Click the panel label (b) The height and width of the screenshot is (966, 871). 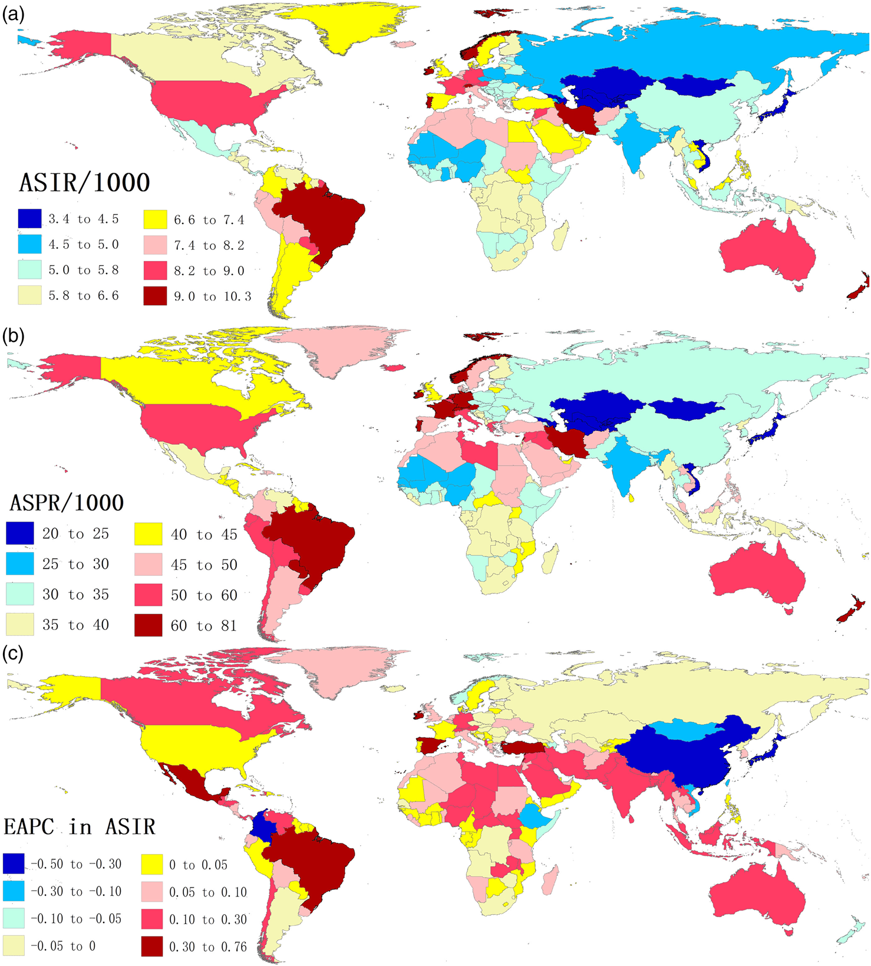click(x=13, y=336)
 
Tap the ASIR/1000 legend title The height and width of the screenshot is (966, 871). click(x=84, y=183)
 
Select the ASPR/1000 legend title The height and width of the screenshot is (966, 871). click(x=67, y=503)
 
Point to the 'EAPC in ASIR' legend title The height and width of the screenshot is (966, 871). click(x=79, y=826)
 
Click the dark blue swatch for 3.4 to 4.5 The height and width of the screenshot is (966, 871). click(x=29, y=219)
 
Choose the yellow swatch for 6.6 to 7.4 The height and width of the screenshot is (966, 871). click(x=155, y=220)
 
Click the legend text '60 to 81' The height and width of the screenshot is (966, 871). click(x=204, y=625)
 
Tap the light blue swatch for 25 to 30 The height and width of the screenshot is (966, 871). click(x=20, y=564)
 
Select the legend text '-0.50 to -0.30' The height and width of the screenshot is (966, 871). click(x=77, y=865)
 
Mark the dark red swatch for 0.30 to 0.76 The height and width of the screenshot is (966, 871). click(x=151, y=947)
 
